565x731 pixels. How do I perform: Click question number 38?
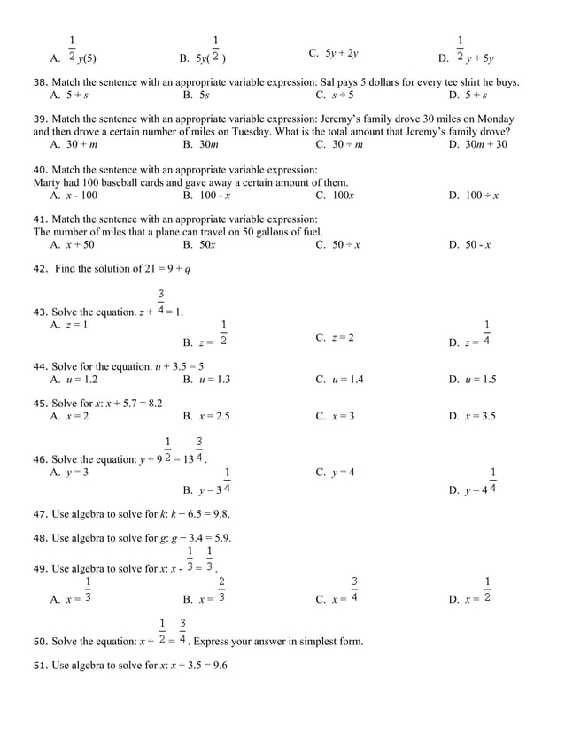click(40, 82)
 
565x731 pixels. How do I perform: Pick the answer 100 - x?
click(213, 196)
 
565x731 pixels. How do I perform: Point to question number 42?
click(40, 269)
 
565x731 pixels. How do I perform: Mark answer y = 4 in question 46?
click(342, 472)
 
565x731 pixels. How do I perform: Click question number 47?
click(40, 513)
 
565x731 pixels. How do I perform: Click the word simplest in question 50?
click(319, 641)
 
